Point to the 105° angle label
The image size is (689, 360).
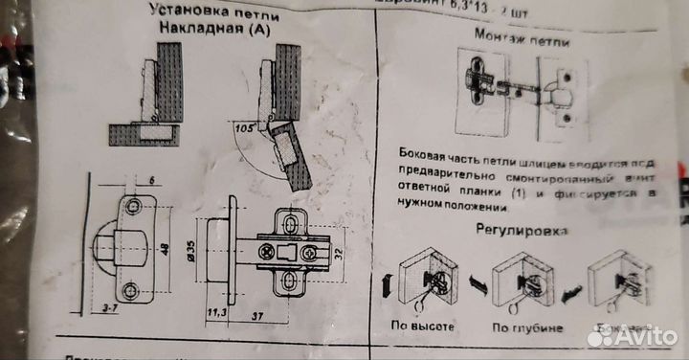[x=243, y=125]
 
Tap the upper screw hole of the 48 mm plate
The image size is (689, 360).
[x=133, y=206]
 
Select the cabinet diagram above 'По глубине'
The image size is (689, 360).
[x=521, y=281]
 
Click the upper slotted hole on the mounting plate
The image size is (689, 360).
[x=288, y=222]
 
